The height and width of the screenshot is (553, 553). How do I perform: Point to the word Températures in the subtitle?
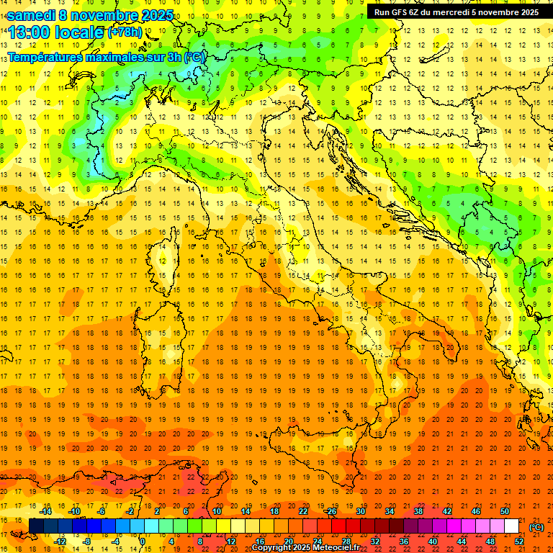pyautogui.click(x=45, y=57)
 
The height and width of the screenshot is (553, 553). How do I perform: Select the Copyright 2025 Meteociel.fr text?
pyautogui.click(x=305, y=547)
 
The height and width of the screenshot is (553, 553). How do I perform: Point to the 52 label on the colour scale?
pyautogui.click(x=519, y=541)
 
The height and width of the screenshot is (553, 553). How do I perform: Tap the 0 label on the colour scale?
pyautogui.click(x=142, y=541)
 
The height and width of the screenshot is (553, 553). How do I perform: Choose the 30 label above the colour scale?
pyautogui.click(x=360, y=511)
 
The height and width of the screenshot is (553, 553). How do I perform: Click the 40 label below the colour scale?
pyautogui.click(x=433, y=541)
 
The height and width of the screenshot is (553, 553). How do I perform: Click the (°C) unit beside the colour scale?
pyautogui.click(x=537, y=527)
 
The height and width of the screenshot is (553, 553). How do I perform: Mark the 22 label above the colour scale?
pyautogui.click(x=302, y=511)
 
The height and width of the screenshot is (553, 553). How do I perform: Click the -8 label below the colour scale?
pyautogui.click(x=86, y=541)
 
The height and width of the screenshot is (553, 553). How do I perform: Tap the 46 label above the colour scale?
pyautogui.click(x=476, y=511)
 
